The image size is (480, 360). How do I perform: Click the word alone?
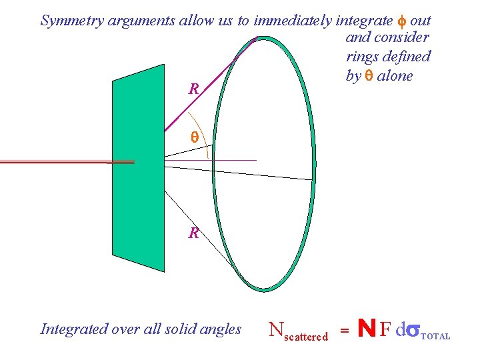tap(395, 76)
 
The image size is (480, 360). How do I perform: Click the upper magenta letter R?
tap(193, 89)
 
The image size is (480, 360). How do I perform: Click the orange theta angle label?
tap(195, 138)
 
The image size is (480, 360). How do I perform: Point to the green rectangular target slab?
tap(138, 167)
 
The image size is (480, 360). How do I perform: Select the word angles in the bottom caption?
tap(221, 329)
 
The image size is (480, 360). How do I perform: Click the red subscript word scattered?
tap(306, 337)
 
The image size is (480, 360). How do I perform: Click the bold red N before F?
tap(365, 329)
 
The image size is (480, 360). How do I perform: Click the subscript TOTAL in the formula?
tap(436, 337)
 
